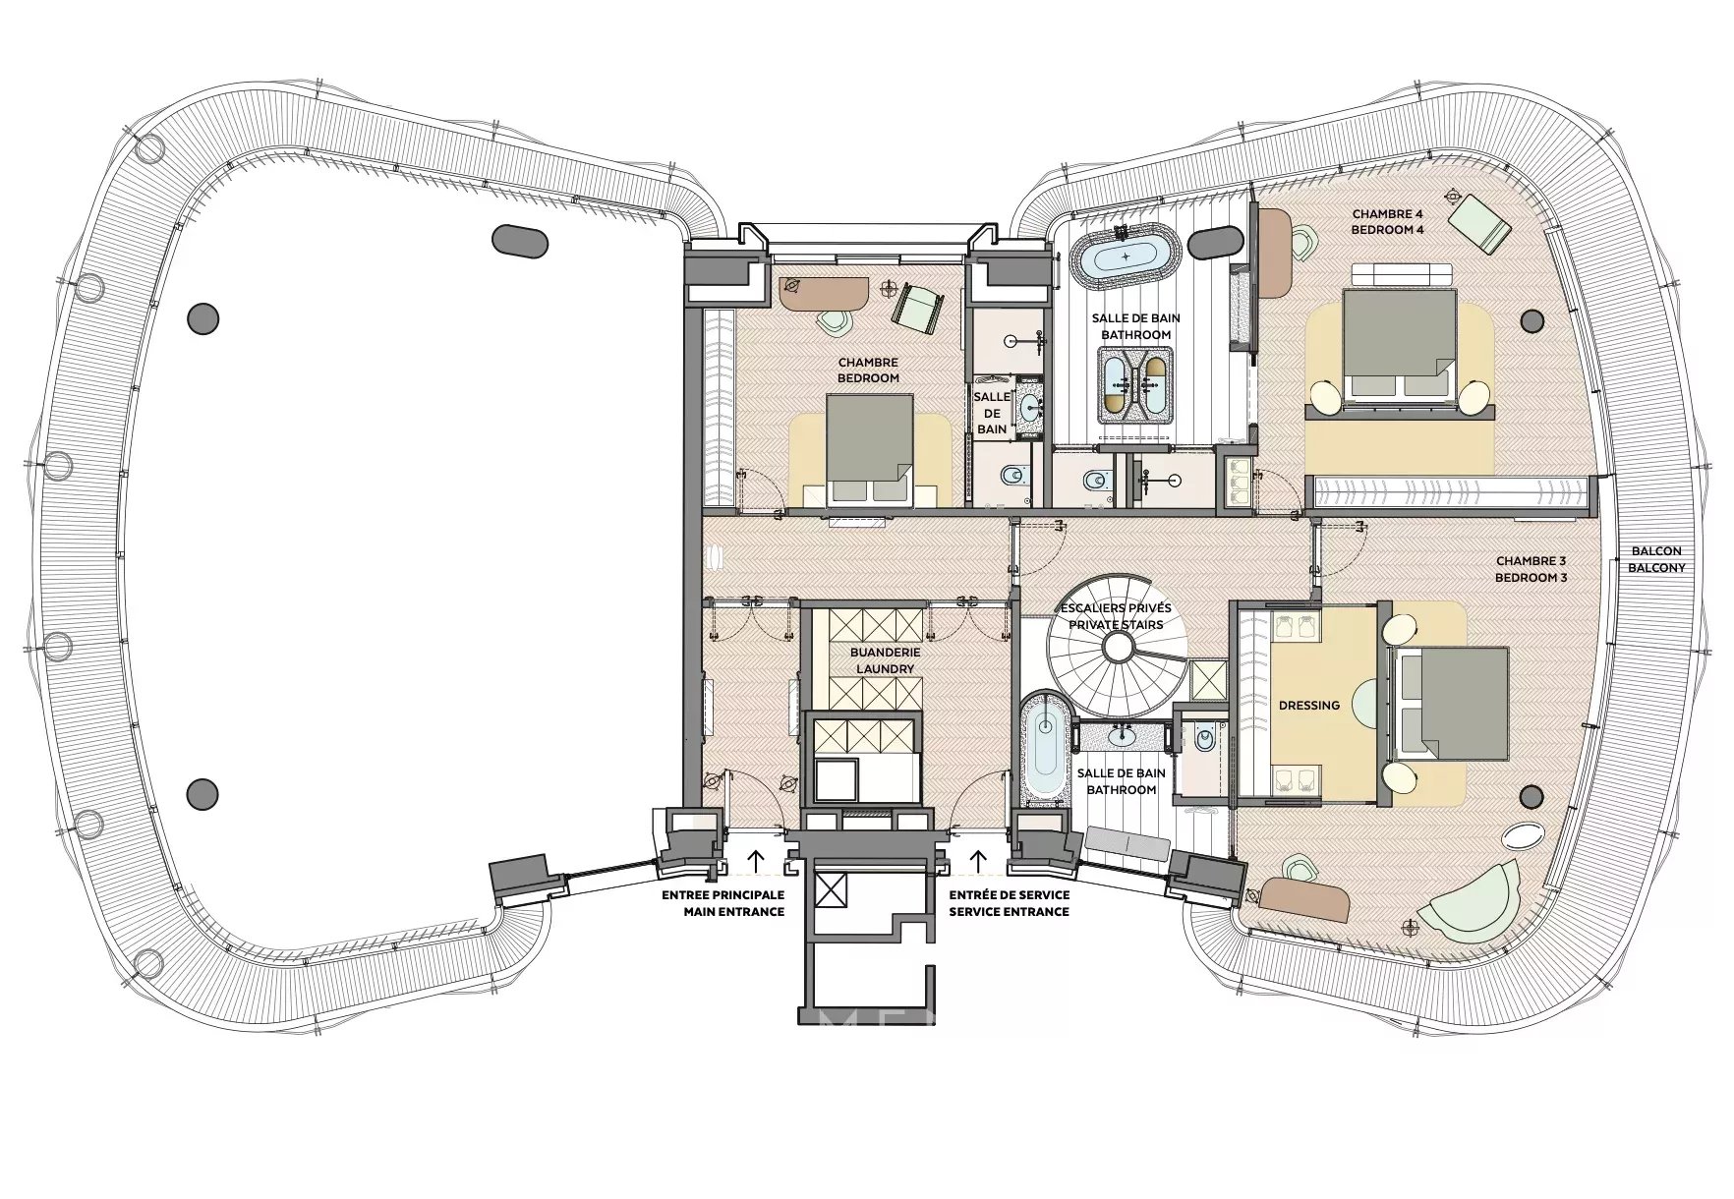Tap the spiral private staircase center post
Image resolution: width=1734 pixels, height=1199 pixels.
[x=1117, y=647]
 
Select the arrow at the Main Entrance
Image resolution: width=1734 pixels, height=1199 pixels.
[x=755, y=861]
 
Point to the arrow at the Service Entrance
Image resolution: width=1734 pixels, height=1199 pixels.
[x=978, y=861]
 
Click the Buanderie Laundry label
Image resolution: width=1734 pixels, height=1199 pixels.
[x=885, y=660]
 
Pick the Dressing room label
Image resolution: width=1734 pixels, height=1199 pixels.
[x=1308, y=705]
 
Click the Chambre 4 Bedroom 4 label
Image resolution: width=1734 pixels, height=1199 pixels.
[x=1387, y=221]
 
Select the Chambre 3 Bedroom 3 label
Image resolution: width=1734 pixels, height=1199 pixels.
[x=1531, y=569]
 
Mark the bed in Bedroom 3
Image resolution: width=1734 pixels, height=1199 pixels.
[x=1453, y=703]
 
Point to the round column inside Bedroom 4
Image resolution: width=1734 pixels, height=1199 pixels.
[x=1531, y=320]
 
